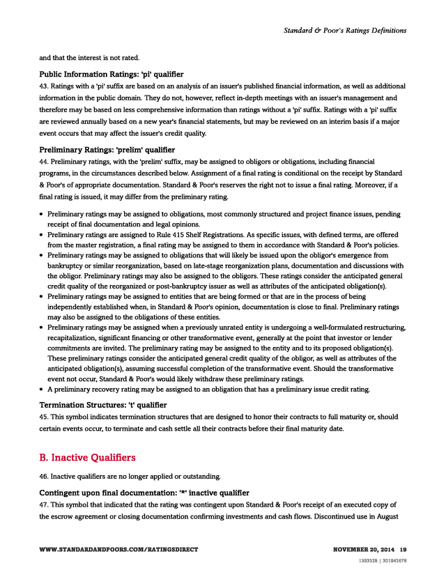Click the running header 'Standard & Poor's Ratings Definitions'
click(x=344, y=31)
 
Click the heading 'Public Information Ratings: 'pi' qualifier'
click(x=111, y=74)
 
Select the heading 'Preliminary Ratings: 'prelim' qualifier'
click(x=107, y=150)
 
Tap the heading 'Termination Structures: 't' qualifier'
click(x=103, y=405)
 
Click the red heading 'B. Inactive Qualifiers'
click(x=87, y=458)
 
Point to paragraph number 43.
click(x=43, y=86)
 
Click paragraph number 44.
click(x=43, y=162)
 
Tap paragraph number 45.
click(x=43, y=417)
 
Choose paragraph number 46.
click(x=43, y=477)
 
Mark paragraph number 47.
click(x=43, y=505)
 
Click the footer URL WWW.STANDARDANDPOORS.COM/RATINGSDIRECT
click(x=118, y=550)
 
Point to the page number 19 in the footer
click(x=403, y=550)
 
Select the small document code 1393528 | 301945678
click(x=383, y=560)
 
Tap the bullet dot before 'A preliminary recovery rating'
click(x=42, y=389)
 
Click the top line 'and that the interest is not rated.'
click(x=90, y=57)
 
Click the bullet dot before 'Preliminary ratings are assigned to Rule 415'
click(x=42, y=236)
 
